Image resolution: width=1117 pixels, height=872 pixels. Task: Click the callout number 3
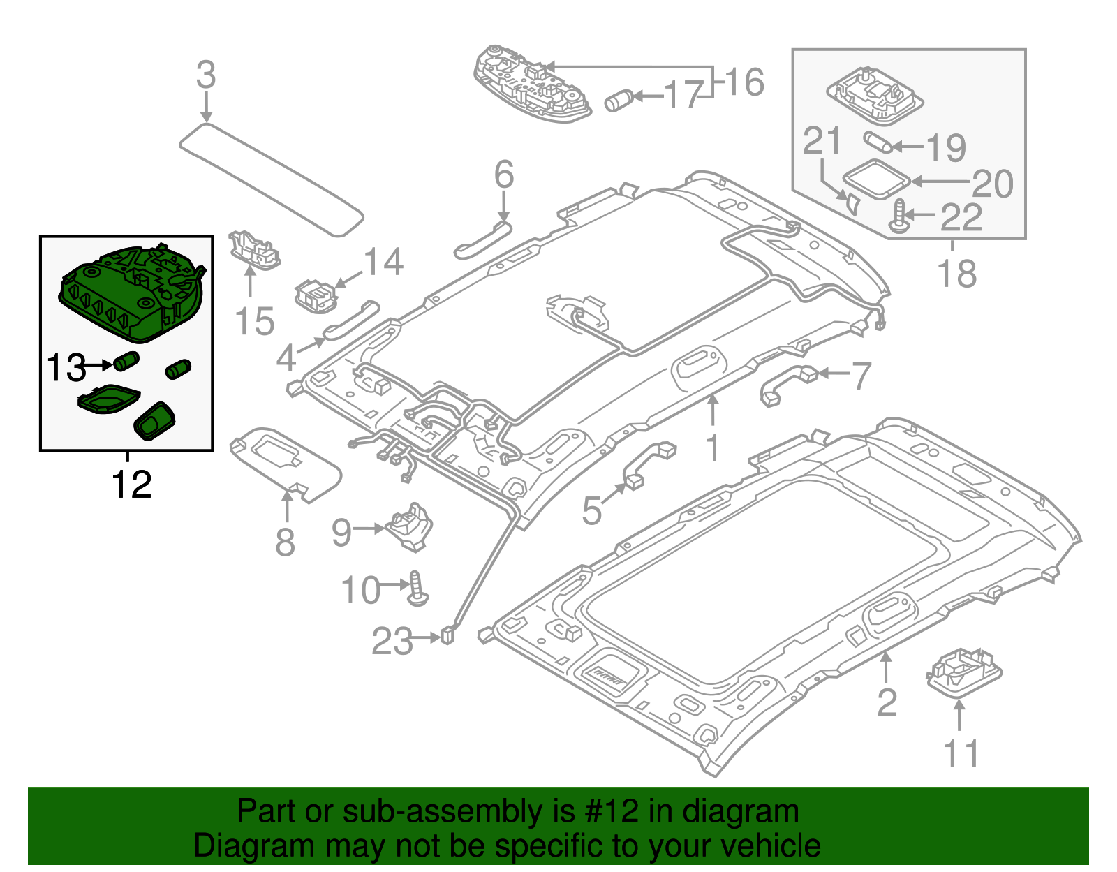point(205,75)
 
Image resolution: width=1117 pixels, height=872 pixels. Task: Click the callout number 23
point(392,641)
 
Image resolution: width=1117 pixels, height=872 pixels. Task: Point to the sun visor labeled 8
point(286,461)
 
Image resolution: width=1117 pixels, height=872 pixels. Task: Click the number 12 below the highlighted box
point(131,484)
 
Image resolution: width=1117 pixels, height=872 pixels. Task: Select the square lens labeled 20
point(876,179)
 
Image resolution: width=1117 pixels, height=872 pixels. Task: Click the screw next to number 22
point(898,216)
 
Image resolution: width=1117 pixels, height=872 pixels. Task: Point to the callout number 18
point(956,274)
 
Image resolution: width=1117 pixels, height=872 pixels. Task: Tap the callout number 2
point(886,702)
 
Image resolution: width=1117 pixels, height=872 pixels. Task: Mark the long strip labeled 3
point(272,179)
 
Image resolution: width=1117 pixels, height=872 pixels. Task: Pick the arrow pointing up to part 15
point(249,283)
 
